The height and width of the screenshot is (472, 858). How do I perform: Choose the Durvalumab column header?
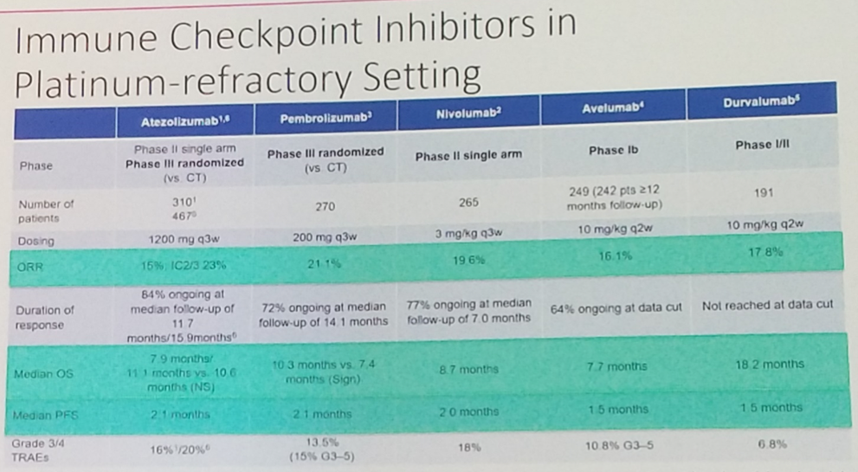click(761, 103)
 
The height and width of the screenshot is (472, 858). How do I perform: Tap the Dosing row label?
click(35, 241)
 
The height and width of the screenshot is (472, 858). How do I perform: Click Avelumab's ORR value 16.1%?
click(613, 257)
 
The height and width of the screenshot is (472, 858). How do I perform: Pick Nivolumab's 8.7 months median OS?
click(467, 370)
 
